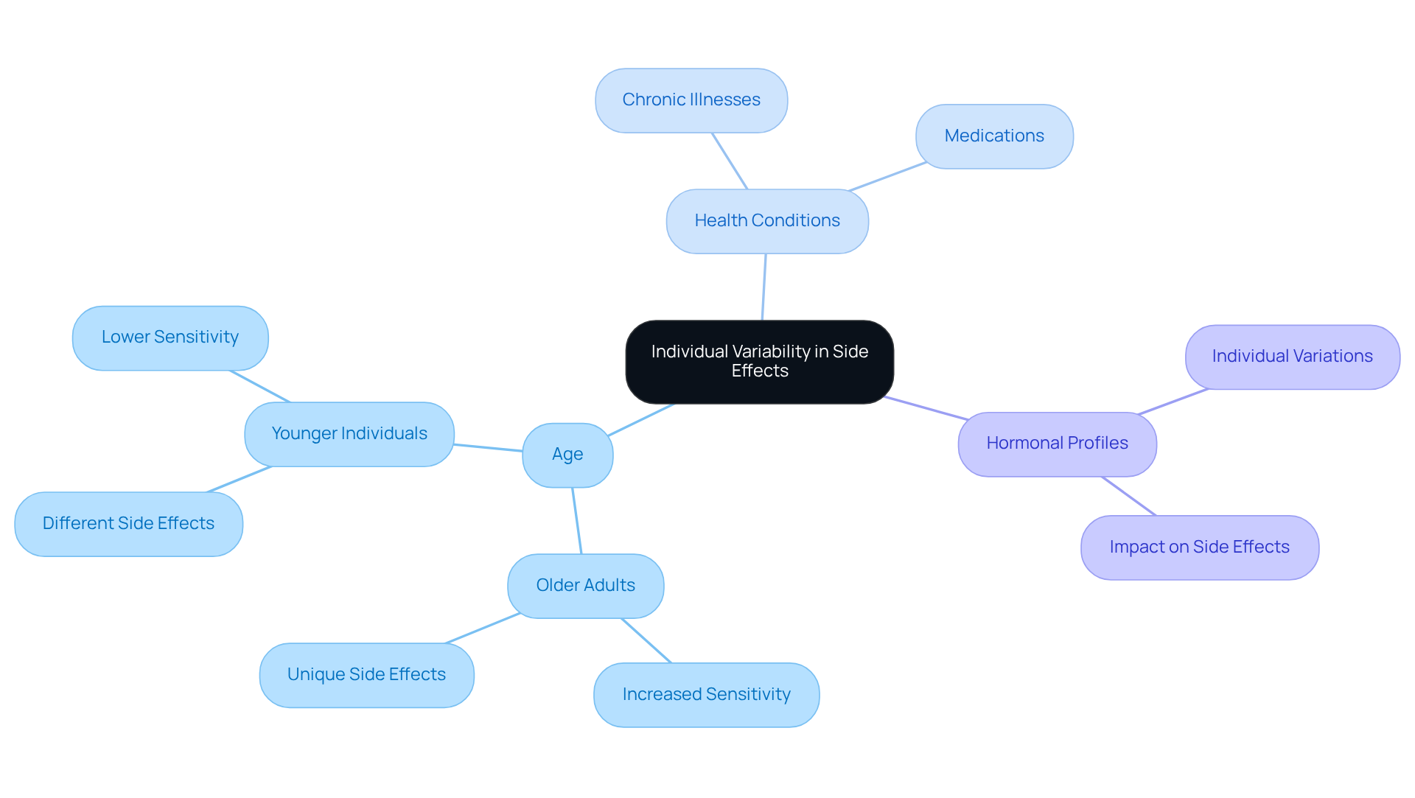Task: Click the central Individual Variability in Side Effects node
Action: [x=759, y=362]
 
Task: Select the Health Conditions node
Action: [x=767, y=221]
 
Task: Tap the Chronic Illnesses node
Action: [x=691, y=100]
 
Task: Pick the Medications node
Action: [x=994, y=136]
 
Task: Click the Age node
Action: [x=567, y=455]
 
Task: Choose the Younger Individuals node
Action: [x=349, y=434]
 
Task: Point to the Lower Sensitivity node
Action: [x=170, y=337]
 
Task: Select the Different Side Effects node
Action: [x=128, y=524]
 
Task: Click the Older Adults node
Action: [x=585, y=586]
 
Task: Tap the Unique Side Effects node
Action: [x=366, y=675]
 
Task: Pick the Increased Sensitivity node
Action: [x=706, y=695]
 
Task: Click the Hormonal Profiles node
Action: [x=1057, y=444]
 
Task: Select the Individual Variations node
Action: [x=1292, y=357]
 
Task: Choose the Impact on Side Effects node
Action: [x=1199, y=547]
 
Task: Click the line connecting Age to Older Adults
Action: [x=577, y=521]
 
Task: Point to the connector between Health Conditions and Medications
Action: [x=888, y=177]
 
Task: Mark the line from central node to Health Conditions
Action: [x=764, y=287]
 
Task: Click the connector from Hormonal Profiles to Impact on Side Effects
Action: [x=1129, y=496]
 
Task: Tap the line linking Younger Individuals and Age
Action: [x=488, y=447]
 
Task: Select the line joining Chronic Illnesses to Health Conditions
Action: [x=730, y=161]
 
